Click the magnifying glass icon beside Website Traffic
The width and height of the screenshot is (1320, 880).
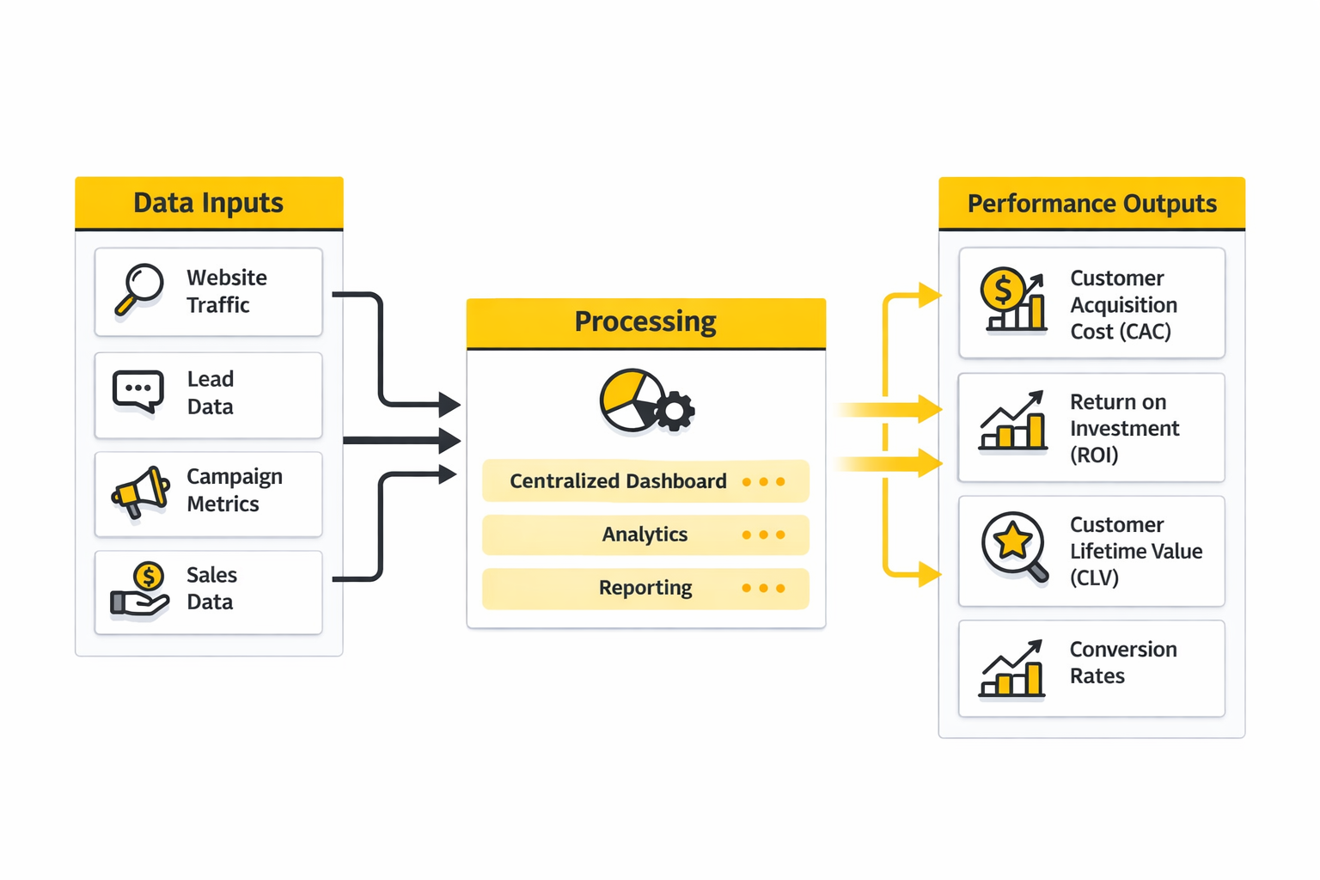tap(140, 288)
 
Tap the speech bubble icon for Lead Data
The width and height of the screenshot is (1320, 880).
tap(137, 391)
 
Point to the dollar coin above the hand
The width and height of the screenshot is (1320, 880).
tap(149, 576)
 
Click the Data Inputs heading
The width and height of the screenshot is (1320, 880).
tap(209, 203)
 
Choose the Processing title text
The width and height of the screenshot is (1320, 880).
tap(645, 321)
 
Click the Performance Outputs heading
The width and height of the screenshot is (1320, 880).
tap(1091, 204)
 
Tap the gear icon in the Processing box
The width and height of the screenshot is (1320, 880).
tap(675, 412)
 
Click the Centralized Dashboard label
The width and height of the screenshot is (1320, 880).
tap(618, 481)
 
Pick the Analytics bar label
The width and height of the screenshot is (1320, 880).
tap(645, 535)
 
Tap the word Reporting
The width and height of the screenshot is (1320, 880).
tap(645, 588)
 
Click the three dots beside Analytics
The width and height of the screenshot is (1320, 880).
tap(763, 535)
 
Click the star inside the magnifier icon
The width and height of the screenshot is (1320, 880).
tap(1012, 541)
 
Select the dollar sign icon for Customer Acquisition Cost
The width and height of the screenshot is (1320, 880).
tap(1002, 289)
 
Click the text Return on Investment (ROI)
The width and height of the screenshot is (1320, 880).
tap(1124, 428)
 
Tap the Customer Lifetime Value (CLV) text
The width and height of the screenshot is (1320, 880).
tap(1135, 551)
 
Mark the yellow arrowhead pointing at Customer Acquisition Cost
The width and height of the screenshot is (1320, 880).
tap(929, 296)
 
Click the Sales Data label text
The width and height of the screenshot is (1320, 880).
tap(211, 589)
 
